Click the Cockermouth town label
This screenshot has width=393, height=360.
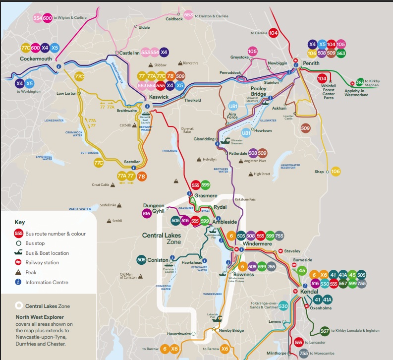(x=36, y=59)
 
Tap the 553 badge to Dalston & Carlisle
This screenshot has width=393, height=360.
(x=188, y=15)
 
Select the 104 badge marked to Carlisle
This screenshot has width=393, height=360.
(x=273, y=33)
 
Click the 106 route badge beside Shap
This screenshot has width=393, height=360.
(x=336, y=171)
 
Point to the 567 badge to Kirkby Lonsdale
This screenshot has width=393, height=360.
(x=325, y=331)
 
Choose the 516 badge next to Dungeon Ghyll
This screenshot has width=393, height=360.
(x=146, y=214)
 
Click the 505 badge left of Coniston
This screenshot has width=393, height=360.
(x=142, y=259)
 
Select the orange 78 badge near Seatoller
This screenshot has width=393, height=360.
(x=142, y=176)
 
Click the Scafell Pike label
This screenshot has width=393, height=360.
(x=108, y=205)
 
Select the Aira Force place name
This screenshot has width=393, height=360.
(x=233, y=117)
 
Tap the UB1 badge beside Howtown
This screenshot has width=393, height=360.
(x=246, y=133)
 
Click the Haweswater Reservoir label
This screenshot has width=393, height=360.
(x=294, y=166)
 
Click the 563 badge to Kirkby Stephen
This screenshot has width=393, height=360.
(x=359, y=81)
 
